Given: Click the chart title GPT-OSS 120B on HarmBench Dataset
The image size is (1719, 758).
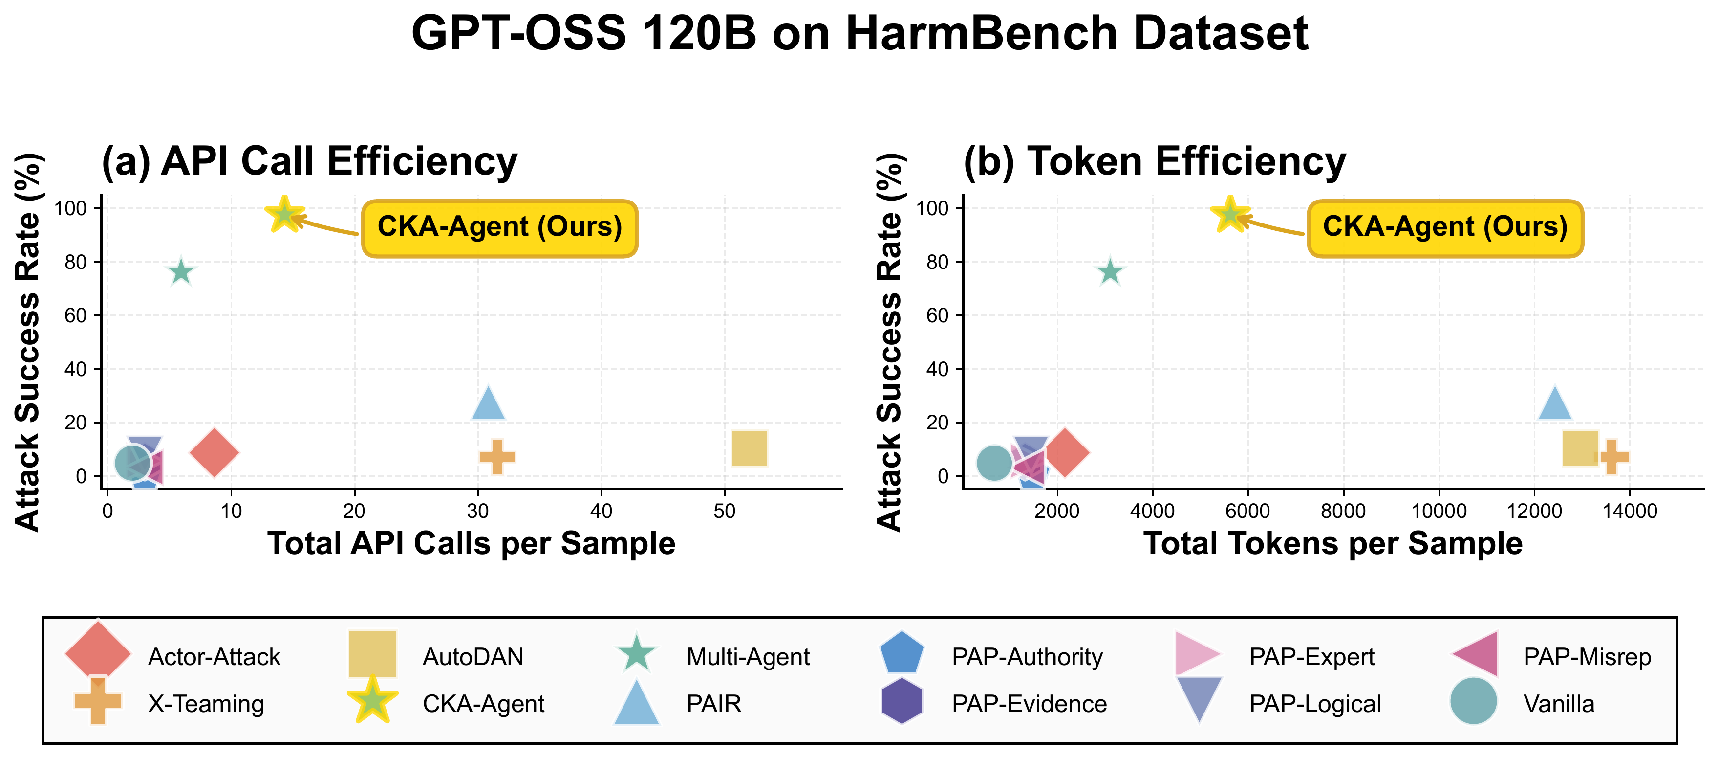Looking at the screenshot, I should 859,33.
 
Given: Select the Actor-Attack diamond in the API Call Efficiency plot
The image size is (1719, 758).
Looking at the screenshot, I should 214,453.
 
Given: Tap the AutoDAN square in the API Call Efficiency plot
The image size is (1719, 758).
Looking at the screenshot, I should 750,448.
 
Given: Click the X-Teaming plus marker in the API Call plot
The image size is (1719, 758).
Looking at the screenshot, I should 497,457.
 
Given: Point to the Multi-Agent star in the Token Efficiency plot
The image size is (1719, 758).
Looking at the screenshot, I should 1110,272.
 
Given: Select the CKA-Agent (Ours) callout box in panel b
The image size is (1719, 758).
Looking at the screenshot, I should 1445,227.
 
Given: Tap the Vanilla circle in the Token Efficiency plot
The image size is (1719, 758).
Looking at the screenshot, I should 994,463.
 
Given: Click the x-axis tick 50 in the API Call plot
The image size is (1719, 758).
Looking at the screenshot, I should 725,512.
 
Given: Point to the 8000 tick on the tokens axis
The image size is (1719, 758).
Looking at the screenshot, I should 1343,512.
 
